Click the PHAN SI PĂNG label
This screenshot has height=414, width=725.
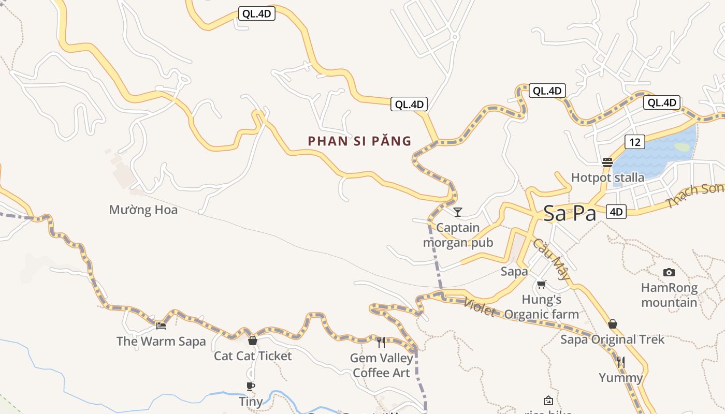tap(359, 141)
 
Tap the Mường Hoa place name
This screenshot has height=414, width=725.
tap(143, 210)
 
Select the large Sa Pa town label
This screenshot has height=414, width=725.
tap(570, 213)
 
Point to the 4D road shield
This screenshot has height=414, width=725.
tap(616, 211)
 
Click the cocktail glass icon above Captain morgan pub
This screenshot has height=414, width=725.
tap(457, 212)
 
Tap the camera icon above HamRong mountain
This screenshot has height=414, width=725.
tap(669, 272)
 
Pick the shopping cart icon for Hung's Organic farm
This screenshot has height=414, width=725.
tap(542, 284)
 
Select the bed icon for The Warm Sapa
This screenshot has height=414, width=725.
tap(161, 326)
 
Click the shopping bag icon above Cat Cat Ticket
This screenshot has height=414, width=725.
tap(253, 340)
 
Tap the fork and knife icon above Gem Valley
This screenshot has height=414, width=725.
tap(381, 342)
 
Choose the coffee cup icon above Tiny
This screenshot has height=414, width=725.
tap(251, 386)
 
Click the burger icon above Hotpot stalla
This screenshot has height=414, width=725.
tap(607, 162)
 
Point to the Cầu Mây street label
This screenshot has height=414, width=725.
tap(551, 259)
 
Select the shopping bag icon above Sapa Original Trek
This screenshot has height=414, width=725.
tap(613, 324)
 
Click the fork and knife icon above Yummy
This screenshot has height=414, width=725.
tap(621, 362)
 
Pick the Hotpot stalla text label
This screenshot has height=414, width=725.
tap(607, 178)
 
